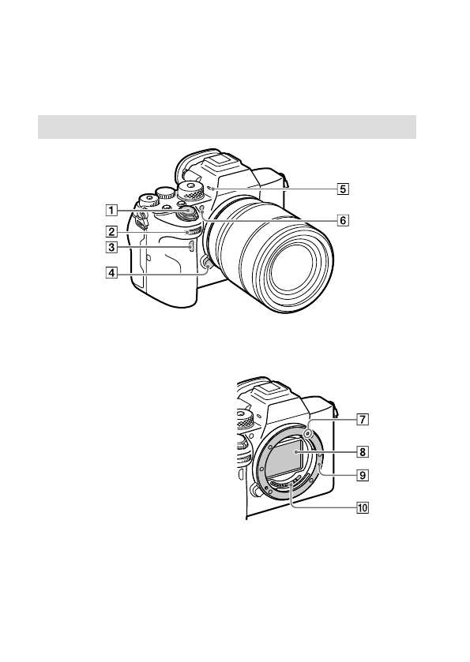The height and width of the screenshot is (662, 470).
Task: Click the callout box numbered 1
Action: pos(111,209)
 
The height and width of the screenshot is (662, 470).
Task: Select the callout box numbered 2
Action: pos(111,232)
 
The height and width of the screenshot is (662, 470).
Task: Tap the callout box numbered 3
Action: pos(111,247)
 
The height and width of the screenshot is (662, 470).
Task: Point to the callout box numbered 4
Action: pos(111,273)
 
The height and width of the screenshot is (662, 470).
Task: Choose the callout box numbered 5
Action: pos(343,189)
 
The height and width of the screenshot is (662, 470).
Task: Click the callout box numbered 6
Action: pos(343,220)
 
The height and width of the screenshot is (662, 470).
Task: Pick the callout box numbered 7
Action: pos(363,420)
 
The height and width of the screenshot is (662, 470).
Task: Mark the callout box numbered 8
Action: pos(363,452)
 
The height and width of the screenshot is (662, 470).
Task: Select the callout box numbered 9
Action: pos(363,475)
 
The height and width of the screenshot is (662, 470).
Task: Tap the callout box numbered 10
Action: pos(363,507)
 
